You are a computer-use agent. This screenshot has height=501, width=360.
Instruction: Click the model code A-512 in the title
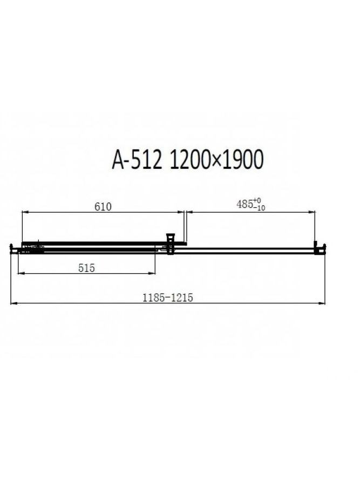(x=137, y=159)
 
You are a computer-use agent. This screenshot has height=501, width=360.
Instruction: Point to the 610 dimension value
(x=103, y=207)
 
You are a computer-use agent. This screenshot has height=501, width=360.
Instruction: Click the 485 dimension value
(x=244, y=204)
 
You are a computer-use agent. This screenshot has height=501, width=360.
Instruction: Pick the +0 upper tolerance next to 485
(x=257, y=201)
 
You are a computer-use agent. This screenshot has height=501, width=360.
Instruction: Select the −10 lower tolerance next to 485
(x=259, y=208)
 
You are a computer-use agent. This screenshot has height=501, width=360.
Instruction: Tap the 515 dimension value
(x=86, y=268)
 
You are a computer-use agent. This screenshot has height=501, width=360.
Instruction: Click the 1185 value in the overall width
(x=154, y=298)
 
